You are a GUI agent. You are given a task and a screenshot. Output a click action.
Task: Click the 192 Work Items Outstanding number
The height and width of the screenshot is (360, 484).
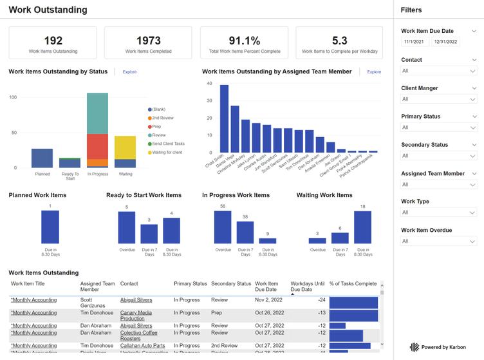53,41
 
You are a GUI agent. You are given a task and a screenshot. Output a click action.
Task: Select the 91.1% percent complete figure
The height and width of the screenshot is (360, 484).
244,41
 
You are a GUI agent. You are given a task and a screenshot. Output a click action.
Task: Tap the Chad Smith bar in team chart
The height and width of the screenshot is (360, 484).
224,118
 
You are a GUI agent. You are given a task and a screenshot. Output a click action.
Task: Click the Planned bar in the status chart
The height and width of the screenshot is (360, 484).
42,158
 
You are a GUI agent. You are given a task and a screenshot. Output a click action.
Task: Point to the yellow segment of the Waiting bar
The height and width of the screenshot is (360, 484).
126,147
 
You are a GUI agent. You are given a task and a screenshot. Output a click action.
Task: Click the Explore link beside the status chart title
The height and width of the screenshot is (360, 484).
129,72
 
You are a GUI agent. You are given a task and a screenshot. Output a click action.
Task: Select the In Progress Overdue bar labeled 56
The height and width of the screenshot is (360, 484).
223,227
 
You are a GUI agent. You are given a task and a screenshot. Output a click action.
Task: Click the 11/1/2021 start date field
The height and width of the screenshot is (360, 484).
414,42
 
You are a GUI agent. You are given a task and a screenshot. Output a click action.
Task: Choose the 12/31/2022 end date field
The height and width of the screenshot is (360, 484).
445,42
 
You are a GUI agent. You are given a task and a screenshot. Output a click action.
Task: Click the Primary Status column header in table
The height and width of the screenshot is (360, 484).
190,283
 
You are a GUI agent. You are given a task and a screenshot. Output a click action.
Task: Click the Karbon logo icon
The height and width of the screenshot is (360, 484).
415,347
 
